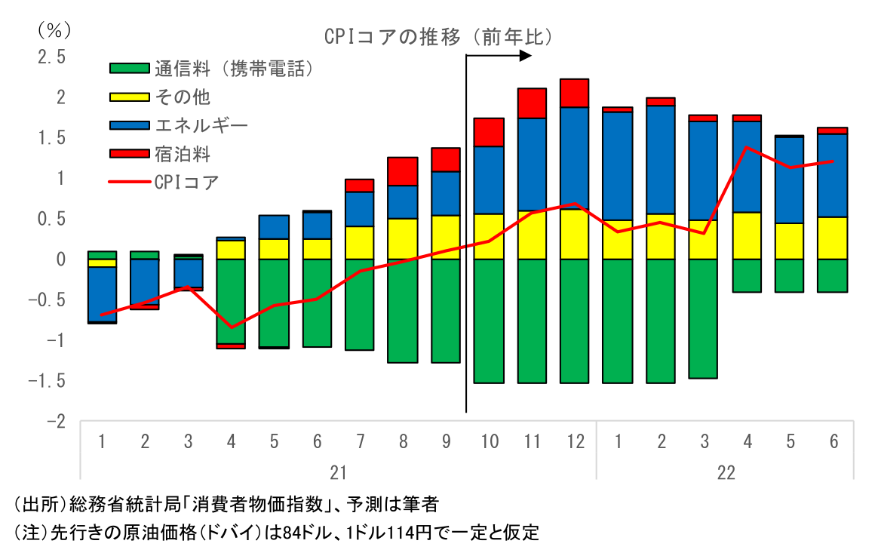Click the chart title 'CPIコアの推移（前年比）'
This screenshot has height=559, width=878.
[x=438, y=37]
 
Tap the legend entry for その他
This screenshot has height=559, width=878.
[x=182, y=97]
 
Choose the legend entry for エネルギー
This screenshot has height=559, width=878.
[x=201, y=125]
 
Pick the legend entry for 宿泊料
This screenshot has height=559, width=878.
[x=182, y=154]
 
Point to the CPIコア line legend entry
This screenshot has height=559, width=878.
[x=186, y=182]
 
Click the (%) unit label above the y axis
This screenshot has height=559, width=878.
[x=54, y=30]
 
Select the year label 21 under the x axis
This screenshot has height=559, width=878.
[x=339, y=473]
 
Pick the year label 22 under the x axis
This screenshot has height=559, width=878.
[x=726, y=473]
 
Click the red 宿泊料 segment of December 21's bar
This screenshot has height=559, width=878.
[x=575, y=93]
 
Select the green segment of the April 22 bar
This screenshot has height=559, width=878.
[x=748, y=275]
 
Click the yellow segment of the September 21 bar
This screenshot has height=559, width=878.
[x=446, y=237]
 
